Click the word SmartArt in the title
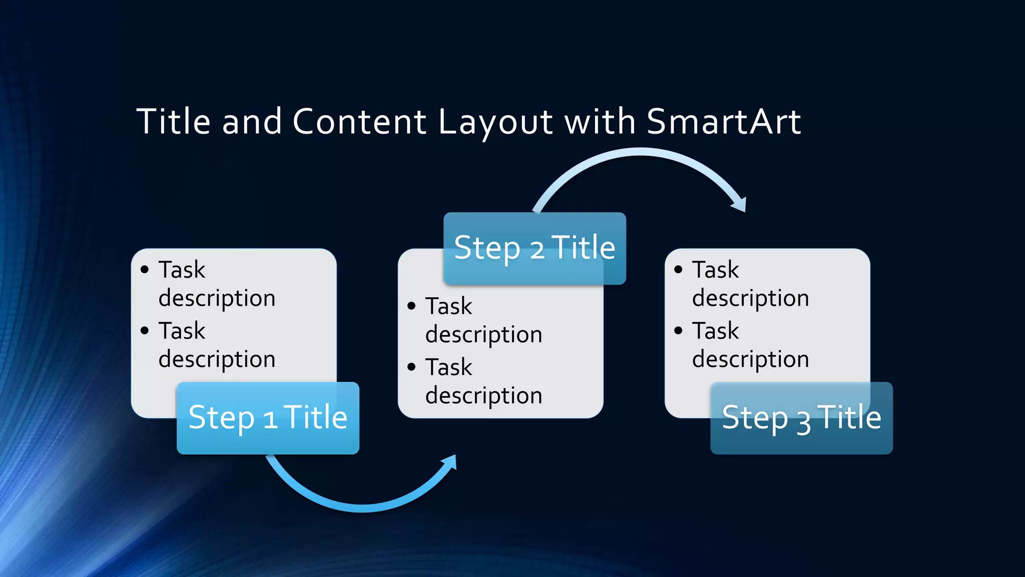723,122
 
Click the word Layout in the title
495,122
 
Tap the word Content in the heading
359,122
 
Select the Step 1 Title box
268,418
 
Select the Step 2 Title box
535,248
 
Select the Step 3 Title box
801,418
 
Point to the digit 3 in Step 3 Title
804,422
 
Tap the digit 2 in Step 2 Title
537,249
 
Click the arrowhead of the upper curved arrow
740,204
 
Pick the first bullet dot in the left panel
145,270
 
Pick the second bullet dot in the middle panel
411,367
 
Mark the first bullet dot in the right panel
678,270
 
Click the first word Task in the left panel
182,270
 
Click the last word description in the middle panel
483,396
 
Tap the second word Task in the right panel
715,331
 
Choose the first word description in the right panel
750,299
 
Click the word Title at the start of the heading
174,122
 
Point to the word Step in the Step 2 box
487,248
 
